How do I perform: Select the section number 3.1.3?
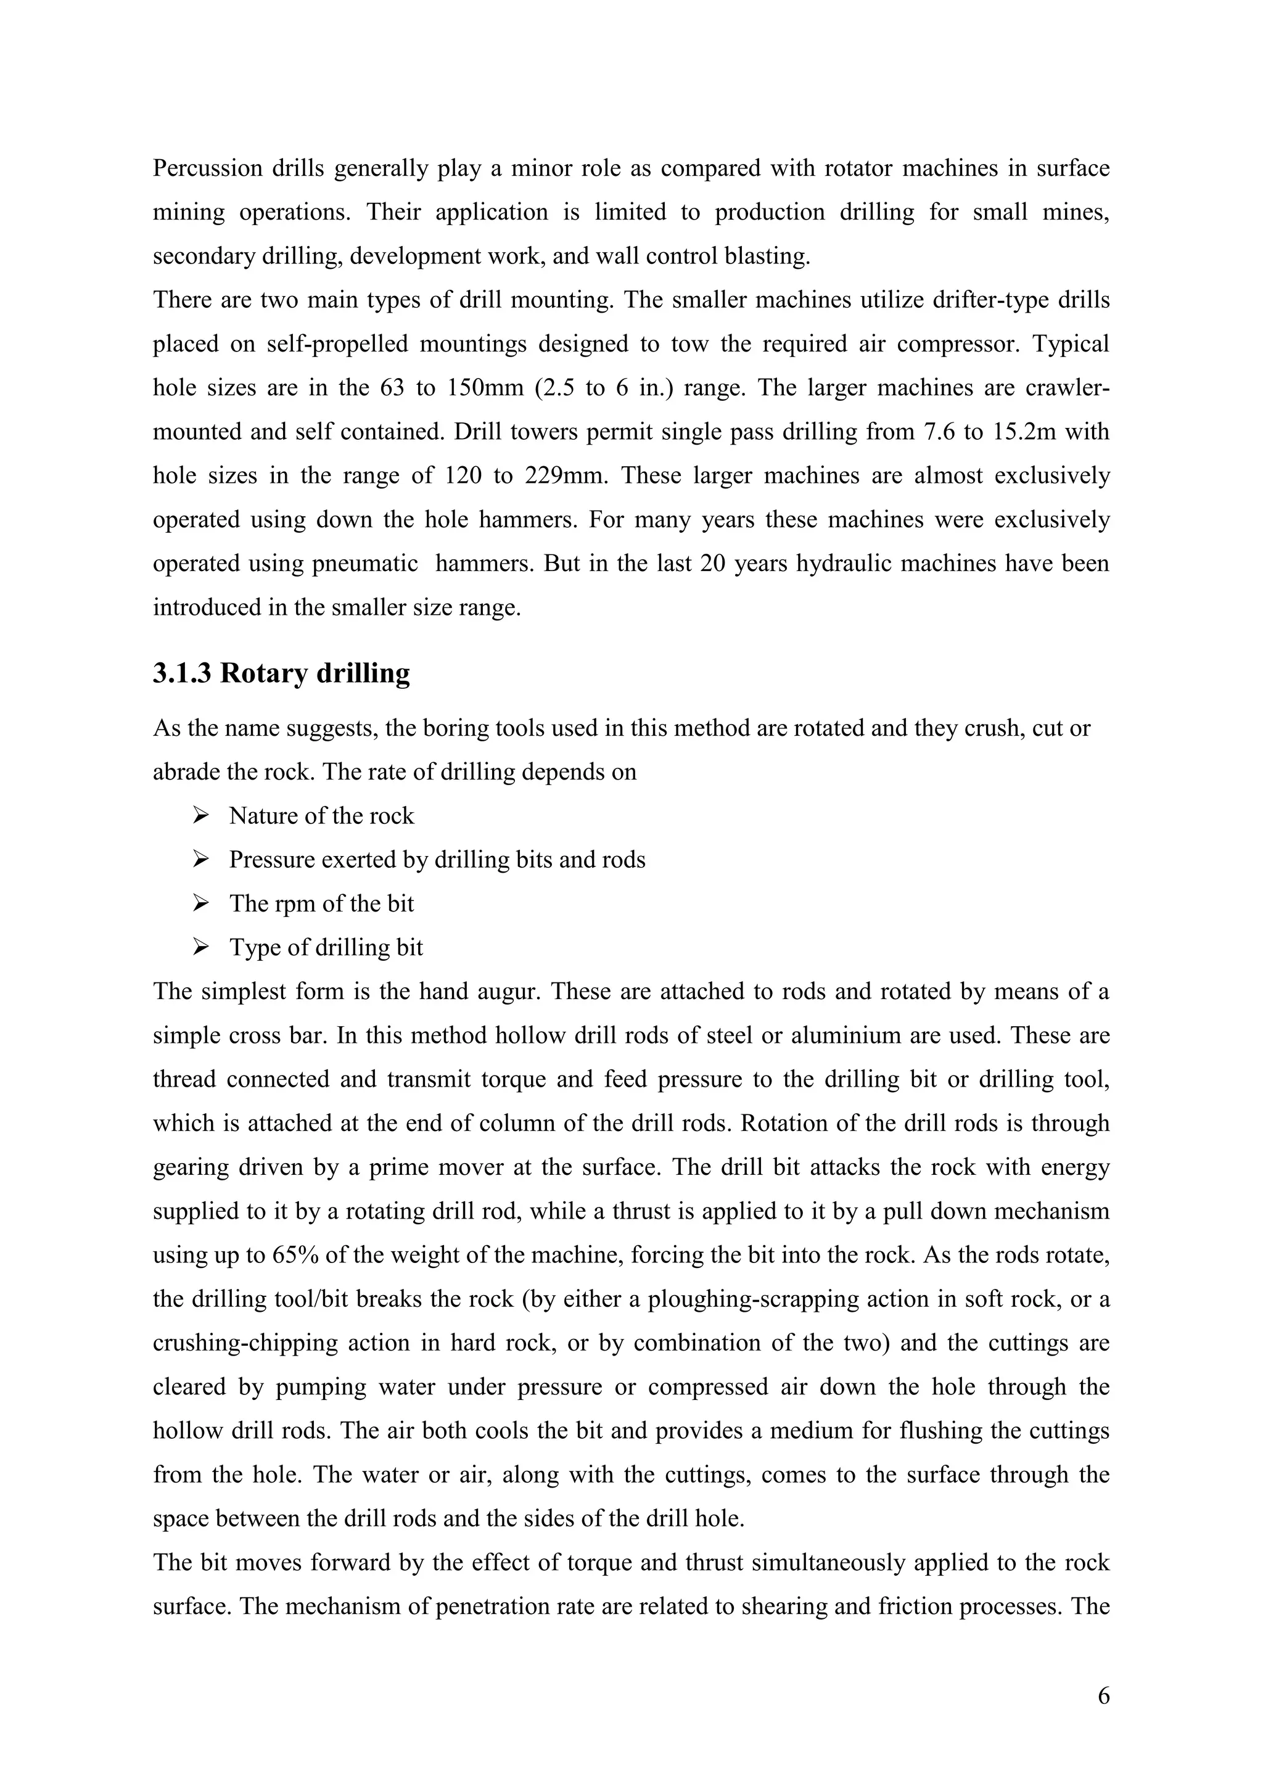tap(182, 673)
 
